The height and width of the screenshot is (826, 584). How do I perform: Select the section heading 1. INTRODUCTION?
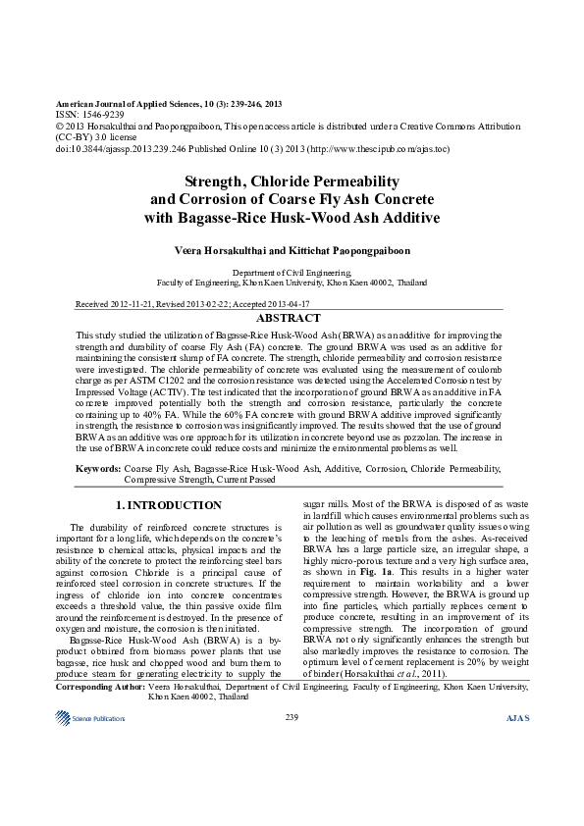(169, 505)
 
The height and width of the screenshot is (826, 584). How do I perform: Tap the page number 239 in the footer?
(292, 718)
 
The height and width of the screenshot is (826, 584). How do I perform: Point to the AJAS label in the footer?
(516, 718)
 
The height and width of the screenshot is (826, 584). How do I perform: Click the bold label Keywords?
(98, 469)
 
